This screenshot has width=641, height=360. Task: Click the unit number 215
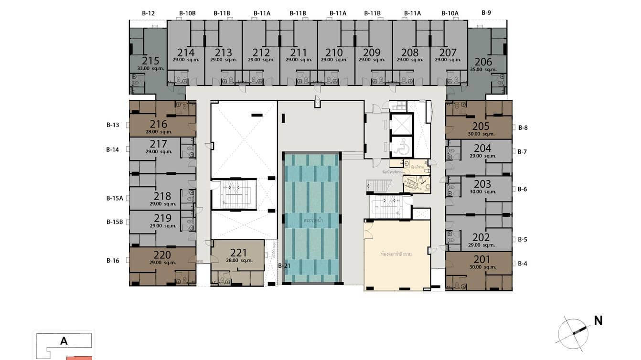point(150,61)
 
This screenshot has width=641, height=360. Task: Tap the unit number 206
point(483,62)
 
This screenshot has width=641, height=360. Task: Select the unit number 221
point(238,253)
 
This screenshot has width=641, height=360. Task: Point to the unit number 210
point(334,53)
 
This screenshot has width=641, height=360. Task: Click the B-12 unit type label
point(148,13)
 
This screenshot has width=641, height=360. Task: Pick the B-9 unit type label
point(486,13)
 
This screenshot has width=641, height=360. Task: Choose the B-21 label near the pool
point(285,266)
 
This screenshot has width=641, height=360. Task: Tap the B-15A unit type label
point(115,198)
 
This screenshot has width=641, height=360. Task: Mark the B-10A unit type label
point(449,13)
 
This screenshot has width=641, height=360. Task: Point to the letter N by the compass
point(598,321)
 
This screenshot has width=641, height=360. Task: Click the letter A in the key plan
point(64,341)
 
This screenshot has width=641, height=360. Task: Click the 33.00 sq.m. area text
point(150,69)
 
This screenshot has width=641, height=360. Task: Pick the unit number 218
point(162,196)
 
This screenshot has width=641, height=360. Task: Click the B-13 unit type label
point(113,125)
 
